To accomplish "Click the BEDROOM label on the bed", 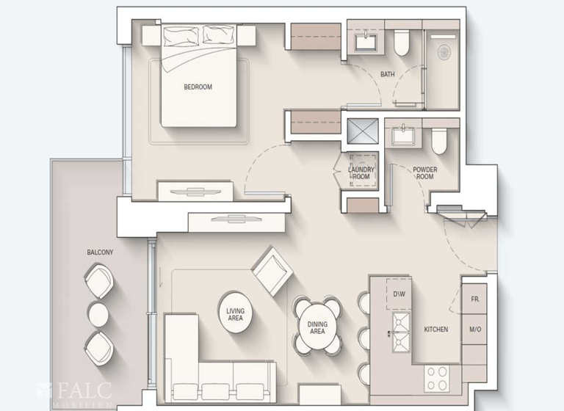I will point(198,87).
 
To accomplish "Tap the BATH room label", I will point(388,74).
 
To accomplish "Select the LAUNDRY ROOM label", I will point(361,172).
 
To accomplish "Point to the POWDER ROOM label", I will point(424,172).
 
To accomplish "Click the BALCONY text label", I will point(99,252).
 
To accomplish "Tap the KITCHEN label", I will point(435,330).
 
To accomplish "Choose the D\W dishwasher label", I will point(399,294).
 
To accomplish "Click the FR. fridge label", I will point(474,299).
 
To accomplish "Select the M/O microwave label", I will point(474,330).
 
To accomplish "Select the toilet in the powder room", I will point(438,139).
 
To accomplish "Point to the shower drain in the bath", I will point(444,53).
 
